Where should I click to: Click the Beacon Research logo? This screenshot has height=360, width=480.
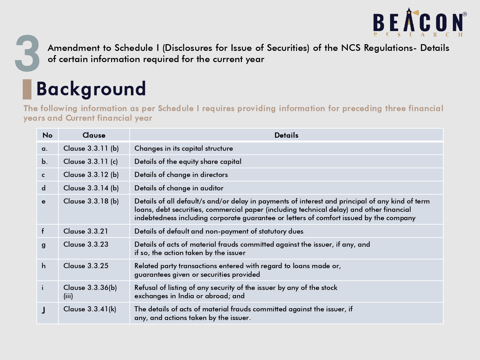[x=420, y=22]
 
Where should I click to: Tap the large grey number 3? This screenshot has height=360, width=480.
[x=27, y=53]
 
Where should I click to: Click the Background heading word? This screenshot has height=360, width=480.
[x=91, y=89]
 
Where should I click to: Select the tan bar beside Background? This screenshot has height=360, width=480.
[x=27, y=89]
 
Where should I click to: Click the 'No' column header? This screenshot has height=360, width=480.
[x=47, y=135]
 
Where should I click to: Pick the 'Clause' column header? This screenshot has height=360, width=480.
[x=94, y=135]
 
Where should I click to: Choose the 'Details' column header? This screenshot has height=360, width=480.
[x=286, y=135]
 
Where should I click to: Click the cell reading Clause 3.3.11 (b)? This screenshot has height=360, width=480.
[x=91, y=148]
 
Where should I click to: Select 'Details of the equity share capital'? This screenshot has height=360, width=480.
[x=188, y=162]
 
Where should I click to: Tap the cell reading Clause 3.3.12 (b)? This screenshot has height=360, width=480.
[x=91, y=175]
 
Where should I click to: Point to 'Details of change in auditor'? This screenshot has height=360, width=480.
[x=179, y=188]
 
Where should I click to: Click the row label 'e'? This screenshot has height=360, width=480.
[x=44, y=201]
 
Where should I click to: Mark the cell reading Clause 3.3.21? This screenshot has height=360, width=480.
[x=86, y=231]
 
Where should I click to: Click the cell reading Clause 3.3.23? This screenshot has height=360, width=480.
[x=86, y=244]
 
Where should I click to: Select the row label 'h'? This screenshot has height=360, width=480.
[x=44, y=266]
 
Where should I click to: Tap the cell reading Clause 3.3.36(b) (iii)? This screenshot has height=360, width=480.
[x=90, y=292]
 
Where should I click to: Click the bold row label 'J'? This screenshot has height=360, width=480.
[x=44, y=310]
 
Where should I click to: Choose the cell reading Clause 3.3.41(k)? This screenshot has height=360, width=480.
[x=90, y=309]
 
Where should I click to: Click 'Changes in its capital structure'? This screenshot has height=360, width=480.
[x=184, y=148]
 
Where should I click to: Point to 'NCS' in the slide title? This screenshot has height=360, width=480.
[x=351, y=48]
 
